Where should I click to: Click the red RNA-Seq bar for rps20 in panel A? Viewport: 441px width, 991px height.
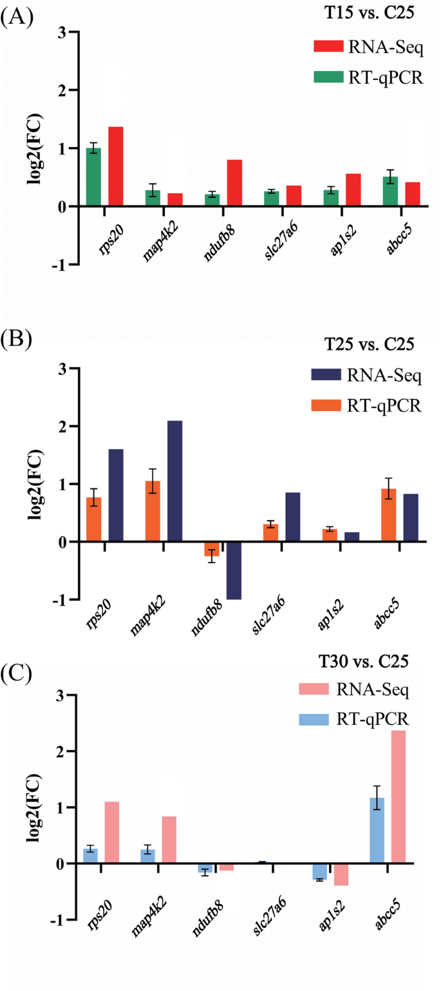[116, 167]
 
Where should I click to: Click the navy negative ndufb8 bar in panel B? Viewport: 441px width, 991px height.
[234, 570]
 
